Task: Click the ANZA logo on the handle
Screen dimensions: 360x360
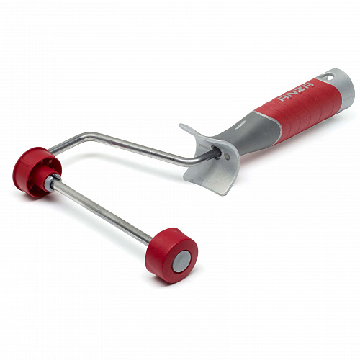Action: [295, 92]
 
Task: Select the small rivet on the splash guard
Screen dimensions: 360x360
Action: [227, 157]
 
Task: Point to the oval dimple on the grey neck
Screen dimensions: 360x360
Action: [240, 125]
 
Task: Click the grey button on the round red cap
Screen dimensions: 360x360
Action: [182, 261]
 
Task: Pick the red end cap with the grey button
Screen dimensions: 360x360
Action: [172, 255]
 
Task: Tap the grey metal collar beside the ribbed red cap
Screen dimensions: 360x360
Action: [51, 182]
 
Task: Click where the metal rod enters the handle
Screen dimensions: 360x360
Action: [217, 153]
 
